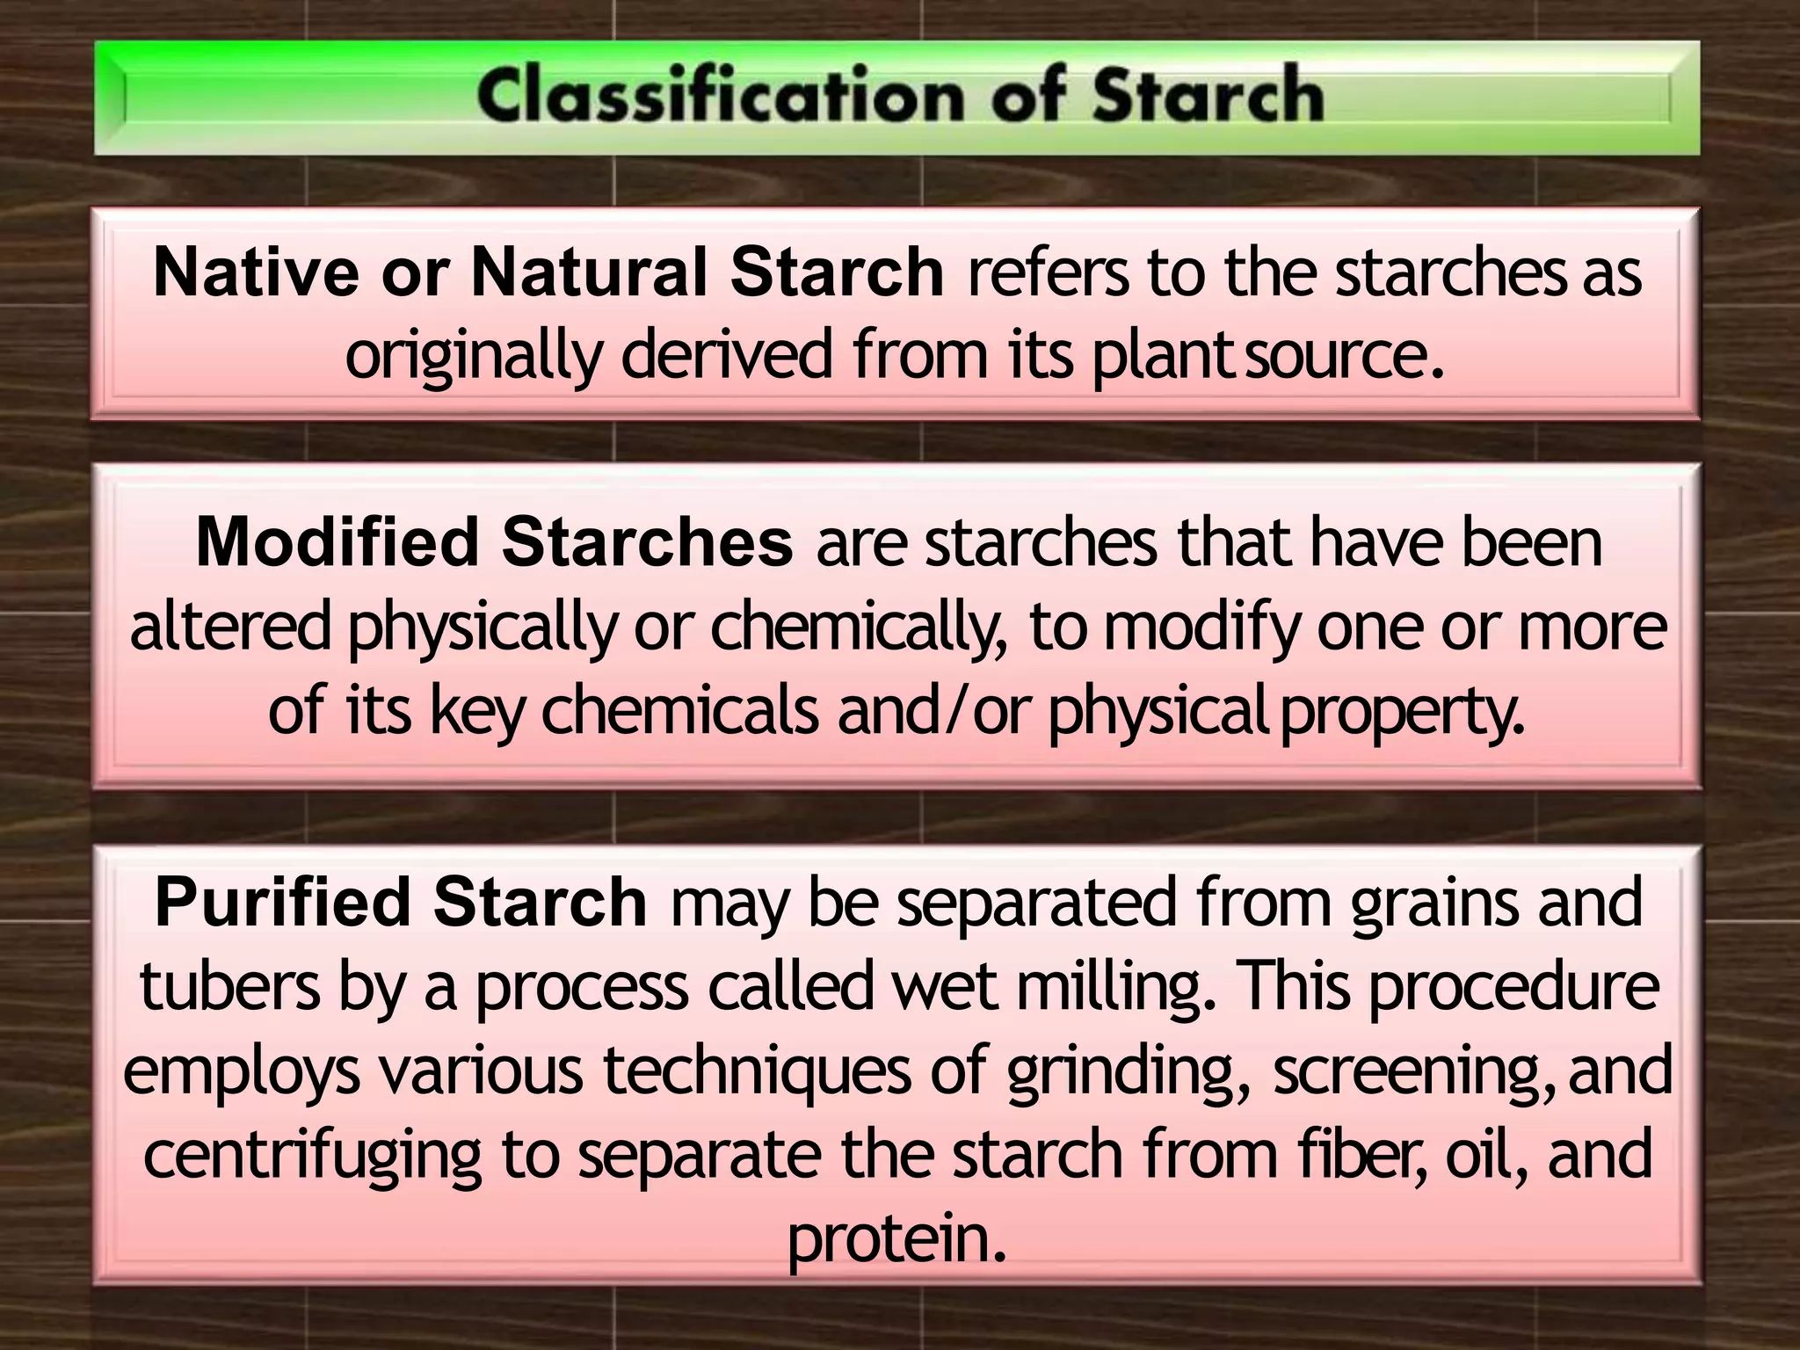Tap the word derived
726,354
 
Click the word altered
230,626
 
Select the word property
1402,712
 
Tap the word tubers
230,986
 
